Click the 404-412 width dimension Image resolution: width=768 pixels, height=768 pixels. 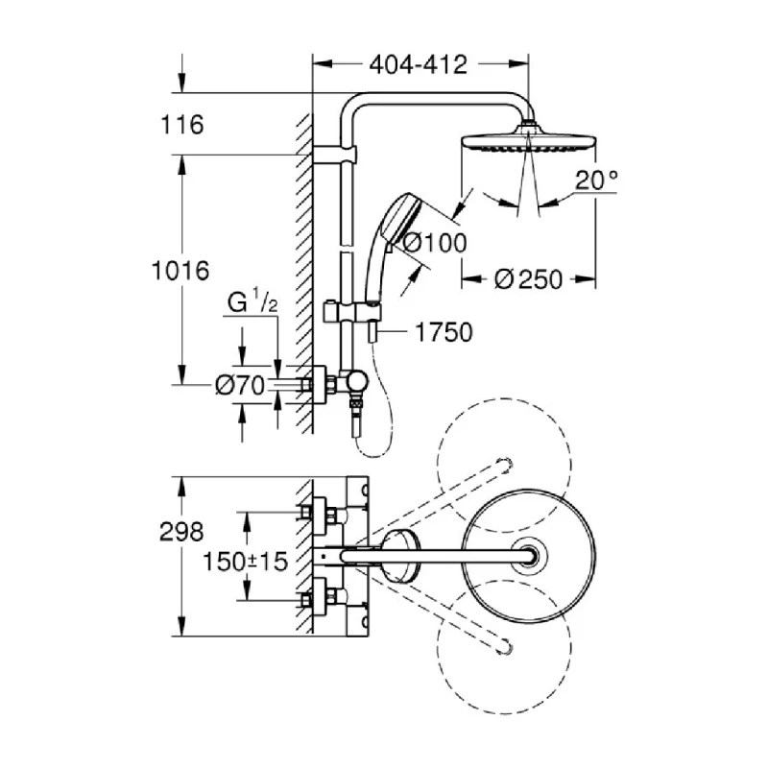(x=419, y=65)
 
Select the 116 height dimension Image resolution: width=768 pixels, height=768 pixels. (x=183, y=125)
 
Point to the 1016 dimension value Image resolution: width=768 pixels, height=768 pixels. (x=180, y=271)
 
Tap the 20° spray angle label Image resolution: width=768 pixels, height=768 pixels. (x=600, y=179)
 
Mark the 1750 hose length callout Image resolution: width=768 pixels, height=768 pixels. (x=444, y=332)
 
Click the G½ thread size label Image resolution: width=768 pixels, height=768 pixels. (x=252, y=304)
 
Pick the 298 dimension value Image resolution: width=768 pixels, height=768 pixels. (x=182, y=531)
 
